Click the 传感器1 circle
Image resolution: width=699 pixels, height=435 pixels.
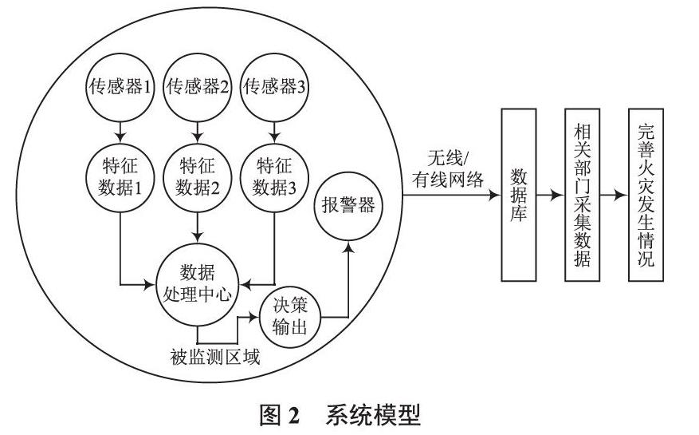pyautogui.click(x=119, y=87)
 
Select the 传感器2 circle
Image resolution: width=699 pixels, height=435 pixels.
pyautogui.click(x=197, y=87)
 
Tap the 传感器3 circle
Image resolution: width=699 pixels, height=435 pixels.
pyautogui.click(x=274, y=87)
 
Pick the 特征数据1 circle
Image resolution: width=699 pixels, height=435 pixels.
pyautogui.click(x=119, y=176)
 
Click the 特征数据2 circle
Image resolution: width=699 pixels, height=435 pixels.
pyautogui.click(x=197, y=176)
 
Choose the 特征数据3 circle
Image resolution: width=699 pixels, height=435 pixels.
pyautogui.click(x=274, y=176)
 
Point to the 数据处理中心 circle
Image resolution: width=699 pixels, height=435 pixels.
pyautogui.click(x=197, y=283)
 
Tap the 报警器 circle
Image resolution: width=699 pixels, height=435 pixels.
pyautogui.click(x=348, y=204)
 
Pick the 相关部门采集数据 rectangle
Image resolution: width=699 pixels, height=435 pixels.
pyautogui.click(x=581, y=195)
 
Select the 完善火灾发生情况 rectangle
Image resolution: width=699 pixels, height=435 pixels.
pyautogui.click(x=646, y=195)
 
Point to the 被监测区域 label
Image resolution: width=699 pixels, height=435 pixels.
pyautogui.click(x=215, y=356)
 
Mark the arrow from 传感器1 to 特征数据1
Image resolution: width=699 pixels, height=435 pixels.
pyautogui.click(x=119, y=129)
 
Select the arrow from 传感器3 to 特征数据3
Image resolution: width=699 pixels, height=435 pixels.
pyautogui.click(x=274, y=129)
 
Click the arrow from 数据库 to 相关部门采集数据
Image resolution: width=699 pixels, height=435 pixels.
pyautogui.click(x=550, y=195)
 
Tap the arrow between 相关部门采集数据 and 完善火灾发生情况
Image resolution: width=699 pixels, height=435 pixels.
pyautogui.click(x=613, y=195)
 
